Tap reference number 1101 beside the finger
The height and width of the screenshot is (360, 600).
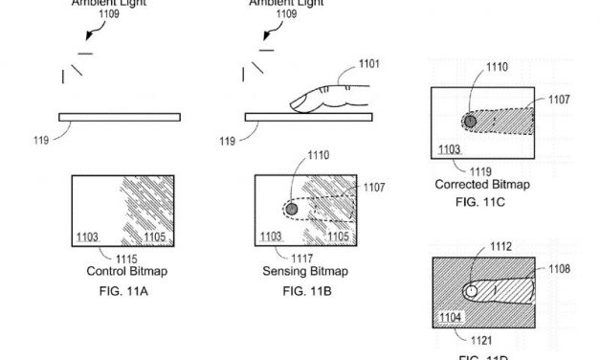click(x=373, y=65)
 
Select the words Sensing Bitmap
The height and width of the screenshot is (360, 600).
click(x=305, y=271)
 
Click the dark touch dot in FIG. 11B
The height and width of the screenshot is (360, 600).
click(x=292, y=209)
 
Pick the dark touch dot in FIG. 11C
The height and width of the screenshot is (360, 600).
click(x=469, y=122)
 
